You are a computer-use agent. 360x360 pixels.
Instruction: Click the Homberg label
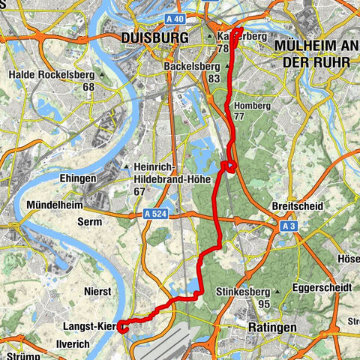tap(251, 106)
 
